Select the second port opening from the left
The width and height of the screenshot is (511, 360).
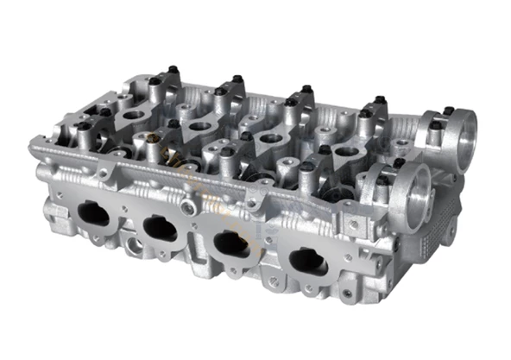coord(161,228)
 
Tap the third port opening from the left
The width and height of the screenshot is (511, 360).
coord(230,244)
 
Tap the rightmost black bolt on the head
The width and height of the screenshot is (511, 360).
coord(449,110)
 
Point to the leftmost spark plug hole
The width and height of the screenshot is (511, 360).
coord(134,114)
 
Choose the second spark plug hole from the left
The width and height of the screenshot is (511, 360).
coord(199,126)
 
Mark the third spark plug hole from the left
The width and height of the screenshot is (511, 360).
coord(270,138)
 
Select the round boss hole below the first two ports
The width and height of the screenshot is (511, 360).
coord(134,246)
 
